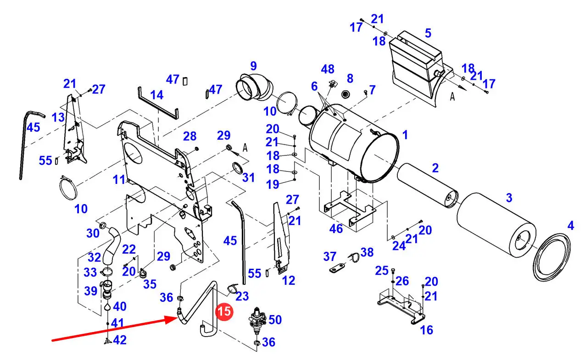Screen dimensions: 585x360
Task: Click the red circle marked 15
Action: pos(224,311)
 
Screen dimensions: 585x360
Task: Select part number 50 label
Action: pos(275,320)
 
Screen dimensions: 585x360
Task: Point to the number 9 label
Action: pos(253,66)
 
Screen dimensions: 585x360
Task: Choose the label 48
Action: pos(328,69)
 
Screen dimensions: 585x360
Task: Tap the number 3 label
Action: pos(509,198)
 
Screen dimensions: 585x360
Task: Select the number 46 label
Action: pos(336,229)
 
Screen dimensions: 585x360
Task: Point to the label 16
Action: pos(426,330)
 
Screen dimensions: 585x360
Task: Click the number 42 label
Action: pos(120,340)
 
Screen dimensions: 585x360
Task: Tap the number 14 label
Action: pos(157,95)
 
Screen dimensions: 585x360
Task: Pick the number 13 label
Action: pos(58,117)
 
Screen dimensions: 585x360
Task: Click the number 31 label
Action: pos(248,178)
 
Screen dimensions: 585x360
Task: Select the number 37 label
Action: pos(329,257)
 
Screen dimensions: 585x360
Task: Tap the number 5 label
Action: pos(428,33)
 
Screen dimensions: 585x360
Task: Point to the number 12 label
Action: pos(289,281)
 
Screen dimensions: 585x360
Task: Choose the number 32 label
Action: pos(94,258)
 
